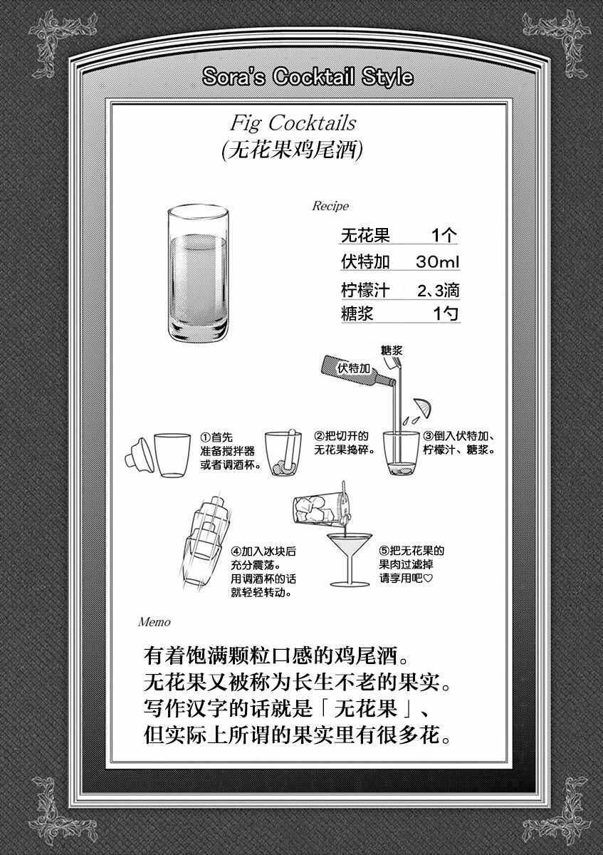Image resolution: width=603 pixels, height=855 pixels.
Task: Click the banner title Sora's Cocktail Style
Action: (308, 77)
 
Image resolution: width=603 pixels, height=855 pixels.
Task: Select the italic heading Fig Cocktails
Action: (293, 123)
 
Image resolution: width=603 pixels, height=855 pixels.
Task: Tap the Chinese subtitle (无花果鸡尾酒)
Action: (292, 150)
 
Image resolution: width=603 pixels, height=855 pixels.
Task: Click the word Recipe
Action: (330, 206)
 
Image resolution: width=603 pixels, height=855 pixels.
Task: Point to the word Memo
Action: (154, 623)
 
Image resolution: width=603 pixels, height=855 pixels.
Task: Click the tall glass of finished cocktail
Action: (198, 274)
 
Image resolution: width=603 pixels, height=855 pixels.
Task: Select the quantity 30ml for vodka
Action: (437, 262)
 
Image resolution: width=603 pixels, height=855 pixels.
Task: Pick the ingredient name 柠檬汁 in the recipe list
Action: (365, 290)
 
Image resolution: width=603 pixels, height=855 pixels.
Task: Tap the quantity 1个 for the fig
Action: (444, 235)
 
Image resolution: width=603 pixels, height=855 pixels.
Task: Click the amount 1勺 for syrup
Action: (445, 313)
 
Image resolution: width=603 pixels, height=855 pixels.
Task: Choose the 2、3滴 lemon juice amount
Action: (439, 291)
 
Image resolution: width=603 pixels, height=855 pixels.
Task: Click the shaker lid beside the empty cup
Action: (140, 455)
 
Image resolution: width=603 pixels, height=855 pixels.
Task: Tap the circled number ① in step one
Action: (206, 437)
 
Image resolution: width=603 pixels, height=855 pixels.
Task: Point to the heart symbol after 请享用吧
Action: (429, 578)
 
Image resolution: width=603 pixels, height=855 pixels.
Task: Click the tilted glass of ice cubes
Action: (323, 506)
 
